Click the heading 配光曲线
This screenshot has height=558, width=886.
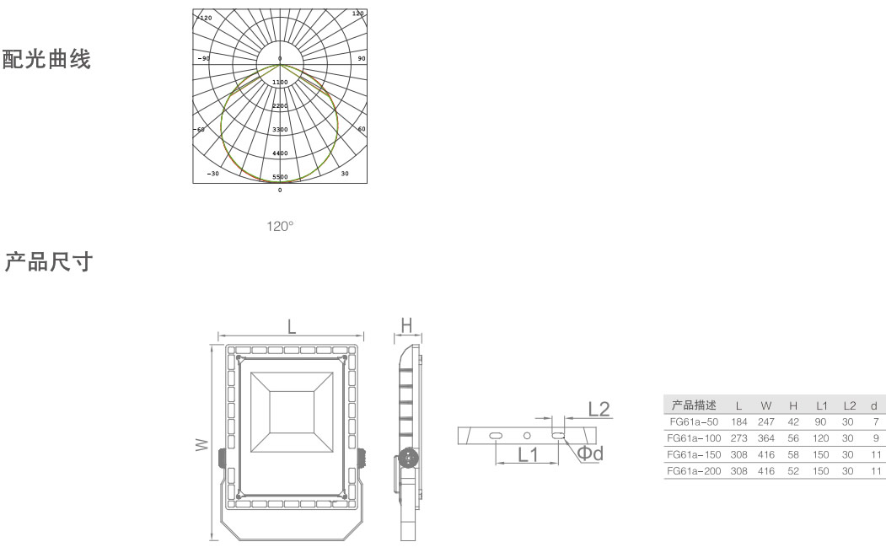pos(46,59)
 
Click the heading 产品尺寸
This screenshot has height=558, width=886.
pos(49,262)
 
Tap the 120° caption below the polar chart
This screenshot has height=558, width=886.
pos(280,226)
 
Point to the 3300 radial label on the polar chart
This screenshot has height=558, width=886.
pos(280,130)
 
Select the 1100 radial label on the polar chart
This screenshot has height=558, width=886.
pos(280,83)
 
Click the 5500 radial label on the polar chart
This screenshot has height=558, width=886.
pos(280,177)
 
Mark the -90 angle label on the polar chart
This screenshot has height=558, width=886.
pos(204,59)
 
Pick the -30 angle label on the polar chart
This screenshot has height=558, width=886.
pos(213,174)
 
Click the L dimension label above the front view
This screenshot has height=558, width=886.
pos(292,326)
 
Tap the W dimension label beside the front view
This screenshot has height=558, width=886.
pos(201,445)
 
